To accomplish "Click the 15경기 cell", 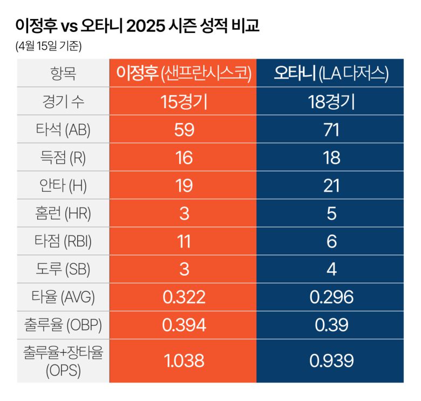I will click(x=184, y=101).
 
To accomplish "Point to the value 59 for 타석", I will click(x=184, y=129).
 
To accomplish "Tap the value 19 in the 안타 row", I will click(x=184, y=185).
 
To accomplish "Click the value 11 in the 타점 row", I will click(x=184, y=241).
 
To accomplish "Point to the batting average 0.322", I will click(x=184, y=297).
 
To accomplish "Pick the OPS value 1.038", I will click(x=184, y=360).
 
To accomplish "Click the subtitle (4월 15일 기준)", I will click(x=49, y=46).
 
